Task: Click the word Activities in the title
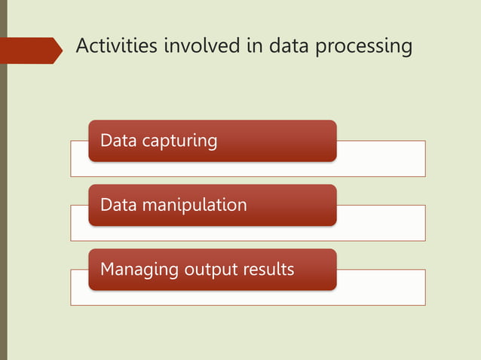(x=112, y=47)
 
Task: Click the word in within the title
(x=255, y=47)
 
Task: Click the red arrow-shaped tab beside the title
(x=30, y=50)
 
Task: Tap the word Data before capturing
(x=118, y=140)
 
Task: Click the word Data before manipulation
(x=118, y=204)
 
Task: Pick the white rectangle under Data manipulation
(x=381, y=224)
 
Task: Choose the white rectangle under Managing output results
(x=381, y=288)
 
